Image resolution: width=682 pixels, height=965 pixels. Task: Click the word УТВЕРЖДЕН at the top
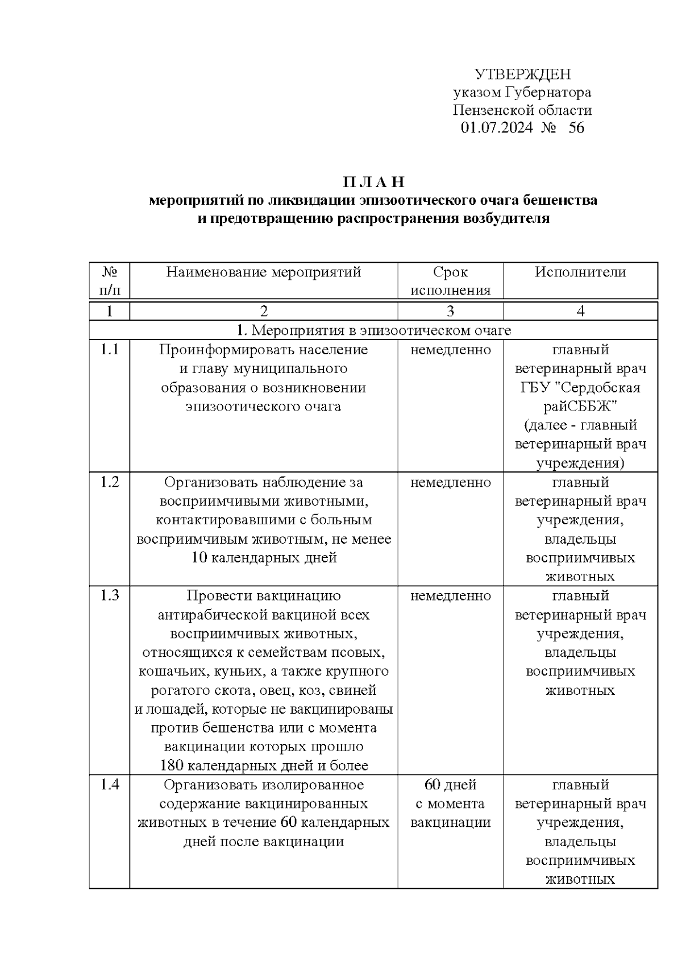[x=522, y=74]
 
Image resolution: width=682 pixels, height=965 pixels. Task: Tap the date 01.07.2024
[x=496, y=127]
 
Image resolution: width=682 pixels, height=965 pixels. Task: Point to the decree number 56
[x=576, y=127]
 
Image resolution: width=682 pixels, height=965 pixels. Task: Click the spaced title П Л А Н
[x=373, y=183]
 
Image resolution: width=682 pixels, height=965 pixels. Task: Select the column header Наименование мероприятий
[x=264, y=272]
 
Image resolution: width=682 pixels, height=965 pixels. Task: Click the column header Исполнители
[x=580, y=272]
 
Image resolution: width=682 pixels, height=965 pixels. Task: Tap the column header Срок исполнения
[x=450, y=281]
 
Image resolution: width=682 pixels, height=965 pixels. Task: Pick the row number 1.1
[x=109, y=350]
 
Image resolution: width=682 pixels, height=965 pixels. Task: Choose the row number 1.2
[x=109, y=482]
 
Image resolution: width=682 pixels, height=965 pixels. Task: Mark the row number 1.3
[x=109, y=595]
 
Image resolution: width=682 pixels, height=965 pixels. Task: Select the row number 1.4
[x=109, y=785]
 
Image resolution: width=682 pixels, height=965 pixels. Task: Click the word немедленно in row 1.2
[x=450, y=482]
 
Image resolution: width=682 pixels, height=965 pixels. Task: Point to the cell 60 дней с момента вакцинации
[x=450, y=804]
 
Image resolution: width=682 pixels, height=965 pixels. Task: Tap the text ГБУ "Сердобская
[x=580, y=388]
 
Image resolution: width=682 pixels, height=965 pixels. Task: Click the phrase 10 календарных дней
[x=264, y=558]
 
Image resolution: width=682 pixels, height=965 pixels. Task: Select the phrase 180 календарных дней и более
[x=264, y=765]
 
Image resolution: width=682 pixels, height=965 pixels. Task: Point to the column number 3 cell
[x=450, y=311]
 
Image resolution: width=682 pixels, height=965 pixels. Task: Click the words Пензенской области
[x=522, y=110]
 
